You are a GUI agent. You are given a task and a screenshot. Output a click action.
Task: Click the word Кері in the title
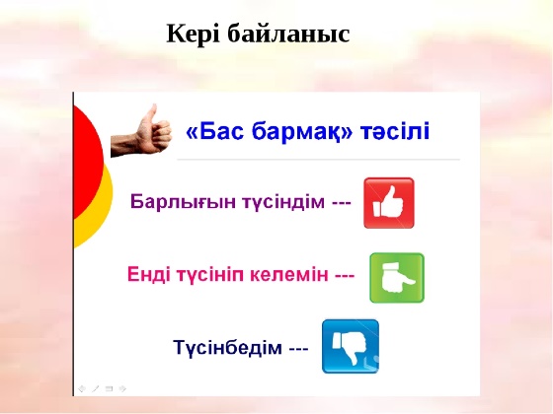[193, 34]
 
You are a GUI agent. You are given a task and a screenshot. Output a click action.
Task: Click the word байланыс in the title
[288, 34]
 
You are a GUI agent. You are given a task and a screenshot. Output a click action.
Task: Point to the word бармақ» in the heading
[302, 132]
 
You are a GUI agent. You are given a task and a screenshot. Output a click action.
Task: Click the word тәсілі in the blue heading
[395, 131]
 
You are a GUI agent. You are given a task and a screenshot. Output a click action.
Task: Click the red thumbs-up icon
[389, 203]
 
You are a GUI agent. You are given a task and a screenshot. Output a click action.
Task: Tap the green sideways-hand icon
[397, 278]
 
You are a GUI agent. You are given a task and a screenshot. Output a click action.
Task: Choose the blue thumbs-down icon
[351, 346]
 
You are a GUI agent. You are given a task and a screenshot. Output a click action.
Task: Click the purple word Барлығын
[183, 202]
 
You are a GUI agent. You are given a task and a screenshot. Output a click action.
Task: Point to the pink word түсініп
[208, 275]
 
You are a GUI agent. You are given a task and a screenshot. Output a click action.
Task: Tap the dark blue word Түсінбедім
[228, 347]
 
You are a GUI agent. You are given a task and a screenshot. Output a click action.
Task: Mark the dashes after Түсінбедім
[298, 349]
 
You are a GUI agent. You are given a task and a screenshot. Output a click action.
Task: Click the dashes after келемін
[345, 276]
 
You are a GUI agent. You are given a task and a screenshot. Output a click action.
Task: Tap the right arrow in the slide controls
[122, 388]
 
